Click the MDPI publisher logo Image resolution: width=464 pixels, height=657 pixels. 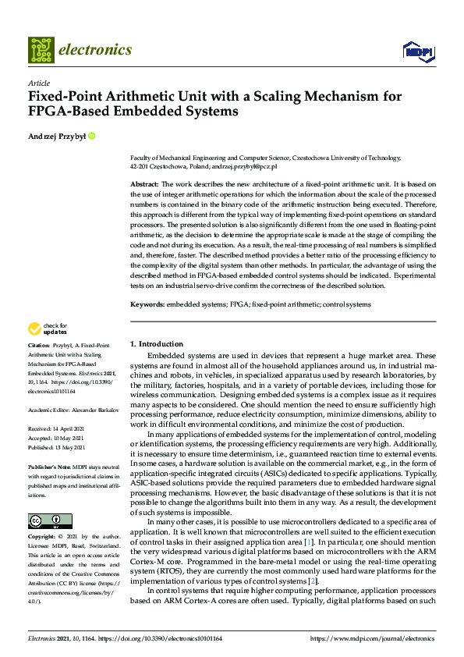point(417,51)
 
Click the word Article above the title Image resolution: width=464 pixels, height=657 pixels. point(38,83)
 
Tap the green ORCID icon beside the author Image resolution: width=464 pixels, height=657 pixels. point(91,136)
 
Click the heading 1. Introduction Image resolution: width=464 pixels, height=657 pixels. point(156,344)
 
